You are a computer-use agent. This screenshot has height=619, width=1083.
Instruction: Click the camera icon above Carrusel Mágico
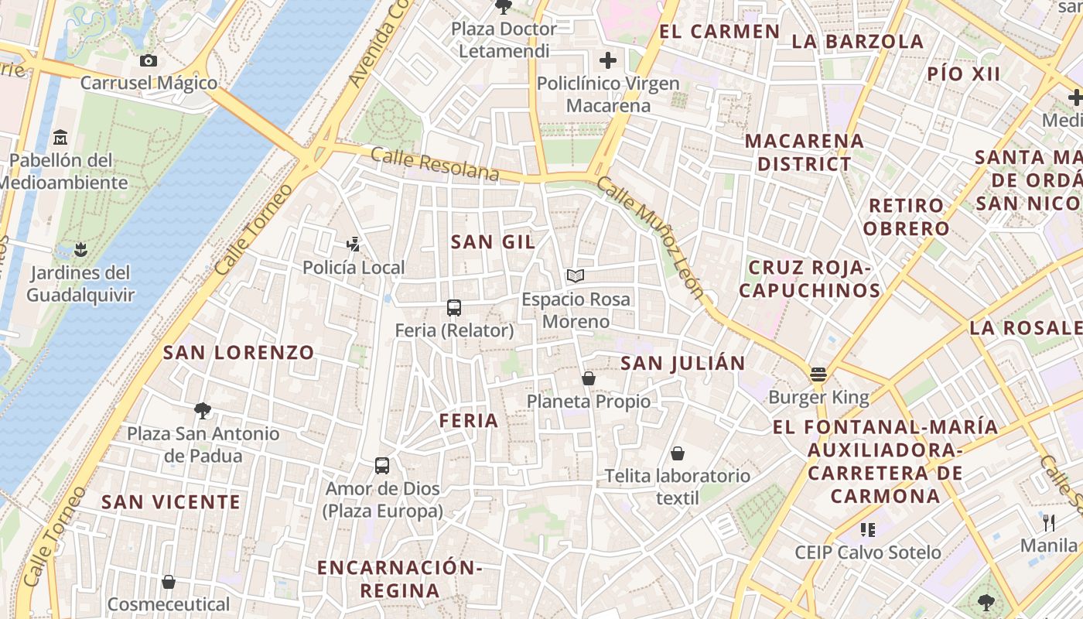tap(149, 60)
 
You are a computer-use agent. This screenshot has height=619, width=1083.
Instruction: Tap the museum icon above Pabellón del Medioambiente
tap(60, 138)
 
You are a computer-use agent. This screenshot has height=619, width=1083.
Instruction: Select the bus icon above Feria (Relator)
tap(454, 308)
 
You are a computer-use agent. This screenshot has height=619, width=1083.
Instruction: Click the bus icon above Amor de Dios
tap(382, 466)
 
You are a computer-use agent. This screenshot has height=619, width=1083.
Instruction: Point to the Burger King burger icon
tap(818, 375)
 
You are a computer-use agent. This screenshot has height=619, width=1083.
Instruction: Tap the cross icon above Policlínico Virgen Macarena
tap(608, 60)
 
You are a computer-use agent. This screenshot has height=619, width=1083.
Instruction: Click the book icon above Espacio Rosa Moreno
tap(576, 275)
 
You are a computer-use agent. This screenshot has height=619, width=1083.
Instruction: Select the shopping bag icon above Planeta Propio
tap(589, 378)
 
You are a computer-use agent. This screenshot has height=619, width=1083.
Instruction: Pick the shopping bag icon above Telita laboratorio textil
tap(678, 453)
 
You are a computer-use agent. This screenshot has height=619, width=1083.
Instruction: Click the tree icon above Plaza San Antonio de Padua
tap(203, 410)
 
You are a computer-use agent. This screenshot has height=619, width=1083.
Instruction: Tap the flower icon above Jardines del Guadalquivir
tap(80, 249)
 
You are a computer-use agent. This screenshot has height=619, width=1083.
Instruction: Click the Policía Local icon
tap(354, 245)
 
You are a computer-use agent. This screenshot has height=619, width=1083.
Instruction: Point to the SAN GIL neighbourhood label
tap(493, 242)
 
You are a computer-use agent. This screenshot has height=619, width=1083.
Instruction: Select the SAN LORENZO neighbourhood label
tap(238, 353)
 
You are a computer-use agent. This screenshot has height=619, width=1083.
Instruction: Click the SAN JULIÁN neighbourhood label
tap(683, 363)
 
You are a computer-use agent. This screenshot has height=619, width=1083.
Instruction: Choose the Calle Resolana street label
tap(435, 164)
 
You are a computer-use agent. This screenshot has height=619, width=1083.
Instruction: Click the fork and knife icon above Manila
tap(1049, 523)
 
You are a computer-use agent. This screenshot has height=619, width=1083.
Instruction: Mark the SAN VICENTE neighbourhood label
tap(171, 502)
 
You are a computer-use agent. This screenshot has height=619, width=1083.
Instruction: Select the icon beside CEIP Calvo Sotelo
tap(868, 530)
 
